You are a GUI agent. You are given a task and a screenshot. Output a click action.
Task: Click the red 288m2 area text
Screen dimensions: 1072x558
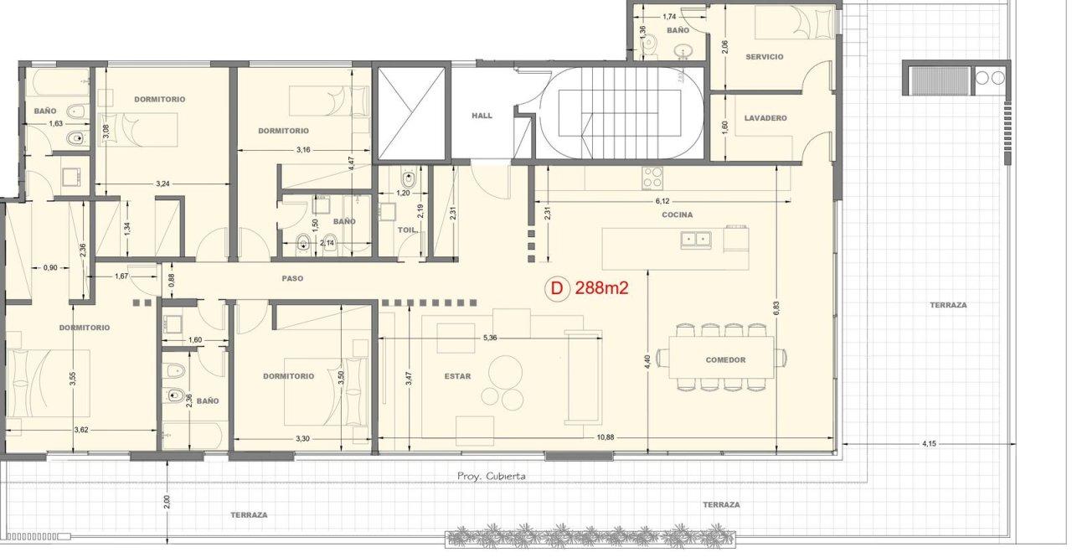[x=601, y=288]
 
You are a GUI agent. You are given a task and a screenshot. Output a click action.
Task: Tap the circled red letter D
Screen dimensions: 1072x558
[x=557, y=288]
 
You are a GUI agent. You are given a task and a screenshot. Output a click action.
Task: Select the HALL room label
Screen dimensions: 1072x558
[x=482, y=116]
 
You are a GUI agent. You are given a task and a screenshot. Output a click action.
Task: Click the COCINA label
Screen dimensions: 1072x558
[x=678, y=214]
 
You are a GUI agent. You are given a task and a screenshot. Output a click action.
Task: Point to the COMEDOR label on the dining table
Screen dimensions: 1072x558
[x=725, y=360]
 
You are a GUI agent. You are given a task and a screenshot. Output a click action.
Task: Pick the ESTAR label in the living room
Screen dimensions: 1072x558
[x=457, y=376]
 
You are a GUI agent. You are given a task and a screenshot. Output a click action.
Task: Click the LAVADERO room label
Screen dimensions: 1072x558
[x=765, y=118]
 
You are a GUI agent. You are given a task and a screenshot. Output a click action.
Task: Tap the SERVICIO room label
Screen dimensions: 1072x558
[x=765, y=56]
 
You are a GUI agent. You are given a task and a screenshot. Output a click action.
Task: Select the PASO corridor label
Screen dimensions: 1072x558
[x=292, y=278]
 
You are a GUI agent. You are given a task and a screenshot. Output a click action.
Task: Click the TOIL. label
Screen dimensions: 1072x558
[x=407, y=230]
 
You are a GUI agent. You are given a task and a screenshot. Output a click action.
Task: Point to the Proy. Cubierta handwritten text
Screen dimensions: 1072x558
[x=491, y=476]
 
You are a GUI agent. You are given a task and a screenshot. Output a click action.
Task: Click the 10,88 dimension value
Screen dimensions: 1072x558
[x=606, y=437]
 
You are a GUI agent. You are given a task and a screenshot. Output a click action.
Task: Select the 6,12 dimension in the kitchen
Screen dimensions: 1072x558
[x=662, y=201]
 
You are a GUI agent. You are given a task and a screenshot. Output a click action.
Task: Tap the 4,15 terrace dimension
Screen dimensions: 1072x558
[x=929, y=443]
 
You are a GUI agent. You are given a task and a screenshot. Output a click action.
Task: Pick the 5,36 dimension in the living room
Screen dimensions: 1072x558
[x=490, y=338]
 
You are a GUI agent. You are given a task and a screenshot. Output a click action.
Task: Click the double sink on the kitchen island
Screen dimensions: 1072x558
[x=695, y=240]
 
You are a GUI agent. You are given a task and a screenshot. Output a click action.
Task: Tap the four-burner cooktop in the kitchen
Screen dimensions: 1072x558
[x=652, y=178]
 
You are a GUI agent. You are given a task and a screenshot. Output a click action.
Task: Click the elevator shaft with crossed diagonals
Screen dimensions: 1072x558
[x=411, y=113]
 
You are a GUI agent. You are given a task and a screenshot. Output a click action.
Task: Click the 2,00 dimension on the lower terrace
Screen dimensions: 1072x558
[x=167, y=502]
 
